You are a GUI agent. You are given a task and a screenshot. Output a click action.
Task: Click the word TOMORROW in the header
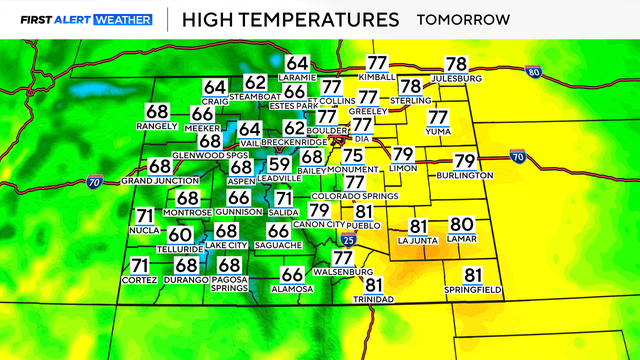[x=463, y=19]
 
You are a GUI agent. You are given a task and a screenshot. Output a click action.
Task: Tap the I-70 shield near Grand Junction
[x=95, y=181]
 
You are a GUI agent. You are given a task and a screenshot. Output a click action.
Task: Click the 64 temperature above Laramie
[x=298, y=64]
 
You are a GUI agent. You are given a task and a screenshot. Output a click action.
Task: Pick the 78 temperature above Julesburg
[x=456, y=64]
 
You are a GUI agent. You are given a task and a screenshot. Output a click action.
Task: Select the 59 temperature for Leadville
[x=280, y=165]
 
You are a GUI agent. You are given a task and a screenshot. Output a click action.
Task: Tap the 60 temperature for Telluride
[x=180, y=234]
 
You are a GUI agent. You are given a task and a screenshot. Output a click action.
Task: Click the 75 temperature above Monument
[x=353, y=155]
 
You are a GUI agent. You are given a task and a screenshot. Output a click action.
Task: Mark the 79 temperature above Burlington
[x=464, y=161]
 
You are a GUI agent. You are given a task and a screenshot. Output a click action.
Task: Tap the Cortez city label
[x=140, y=279]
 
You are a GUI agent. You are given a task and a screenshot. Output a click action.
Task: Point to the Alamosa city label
[x=292, y=288]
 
